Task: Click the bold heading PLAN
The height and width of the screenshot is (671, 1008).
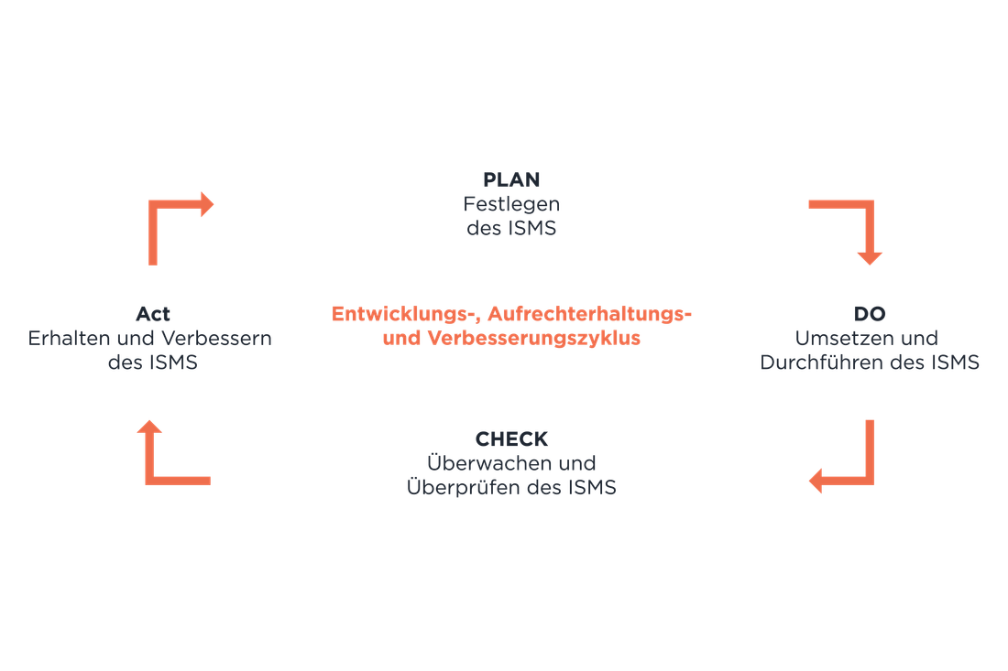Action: pyautogui.click(x=511, y=179)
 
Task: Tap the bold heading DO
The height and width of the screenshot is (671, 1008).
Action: pyautogui.click(x=870, y=314)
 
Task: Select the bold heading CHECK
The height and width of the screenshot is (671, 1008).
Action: pyautogui.click(x=511, y=439)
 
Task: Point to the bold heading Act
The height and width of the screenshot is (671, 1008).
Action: pyautogui.click(x=153, y=314)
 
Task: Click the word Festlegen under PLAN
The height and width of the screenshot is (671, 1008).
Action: pyautogui.click(x=511, y=205)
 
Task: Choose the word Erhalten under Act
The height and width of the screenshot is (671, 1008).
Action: pyautogui.click(x=69, y=339)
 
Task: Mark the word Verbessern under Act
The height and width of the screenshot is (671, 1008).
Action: pyautogui.click(x=216, y=339)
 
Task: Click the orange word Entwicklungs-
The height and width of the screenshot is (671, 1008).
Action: pyautogui.click(x=406, y=314)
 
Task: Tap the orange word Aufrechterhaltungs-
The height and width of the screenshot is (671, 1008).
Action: pyautogui.click(x=589, y=314)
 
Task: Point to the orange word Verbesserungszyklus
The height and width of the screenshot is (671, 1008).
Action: pyautogui.click(x=533, y=339)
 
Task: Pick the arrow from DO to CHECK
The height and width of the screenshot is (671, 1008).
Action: pyautogui.click(x=868, y=479)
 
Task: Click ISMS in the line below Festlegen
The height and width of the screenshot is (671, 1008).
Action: pyautogui.click(x=532, y=229)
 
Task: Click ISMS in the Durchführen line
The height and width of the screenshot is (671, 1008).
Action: pyautogui.click(x=955, y=363)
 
